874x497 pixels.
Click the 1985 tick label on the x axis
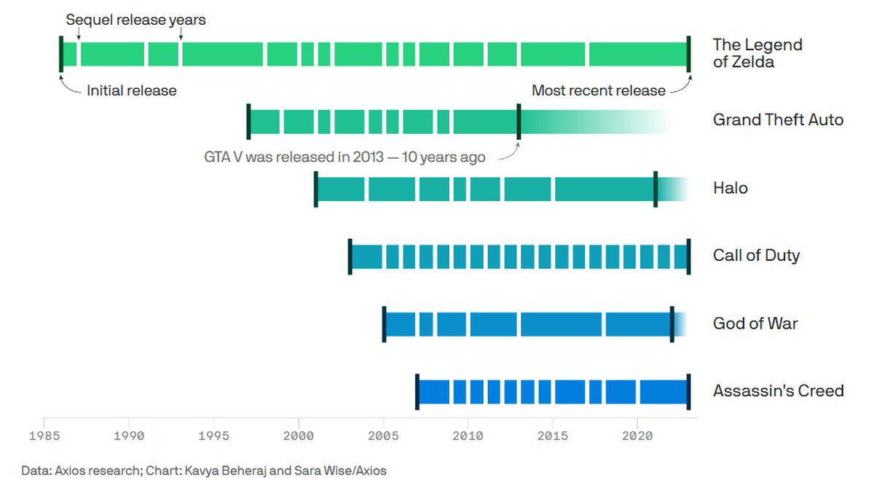[x=44, y=436]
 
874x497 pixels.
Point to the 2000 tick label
[x=299, y=436]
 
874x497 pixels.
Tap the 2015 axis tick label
[x=553, y=436]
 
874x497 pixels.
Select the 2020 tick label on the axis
[x=637, y=436]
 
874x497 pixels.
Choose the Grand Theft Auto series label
[x=778, y=120]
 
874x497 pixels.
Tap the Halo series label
[x=731, y=188]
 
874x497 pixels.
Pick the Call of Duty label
[x=756, y=256]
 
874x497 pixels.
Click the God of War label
[x=755, y=324]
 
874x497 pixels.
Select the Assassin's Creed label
[x=778, y=391]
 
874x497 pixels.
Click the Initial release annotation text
[x=132, y=91]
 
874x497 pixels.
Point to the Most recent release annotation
[x=598, y=91]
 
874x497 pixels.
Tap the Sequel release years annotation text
[x=135, y=20]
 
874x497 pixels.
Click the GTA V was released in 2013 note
[x=345, y=157]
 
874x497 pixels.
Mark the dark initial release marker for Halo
[x=315, y=189]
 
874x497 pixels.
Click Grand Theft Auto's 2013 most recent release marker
[x=519, y=121]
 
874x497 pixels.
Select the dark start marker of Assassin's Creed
[x=417, y=391]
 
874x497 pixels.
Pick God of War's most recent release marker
[x=672, y=324]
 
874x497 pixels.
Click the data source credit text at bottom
[x=204, y=471]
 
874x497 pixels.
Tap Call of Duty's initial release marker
[x=350, y=257]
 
